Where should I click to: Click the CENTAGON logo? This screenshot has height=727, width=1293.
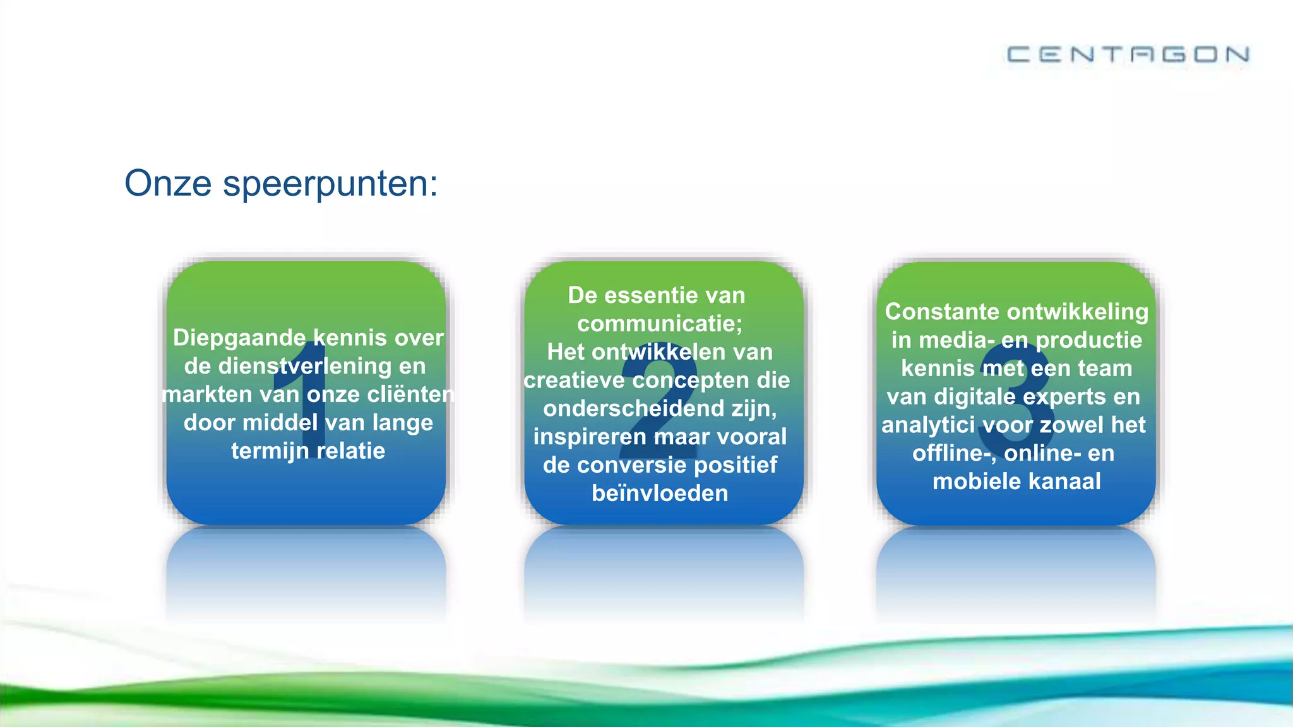[x=1128, y=54]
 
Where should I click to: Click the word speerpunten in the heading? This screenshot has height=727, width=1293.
[x=330, y=184]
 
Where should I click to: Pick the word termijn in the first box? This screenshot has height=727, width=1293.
[x=270, y=451]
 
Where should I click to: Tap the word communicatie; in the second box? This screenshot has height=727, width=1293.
[x=660, y=324]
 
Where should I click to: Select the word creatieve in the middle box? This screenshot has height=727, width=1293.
[x=573, y=381]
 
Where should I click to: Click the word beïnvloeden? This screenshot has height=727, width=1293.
[x=660, y=494]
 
